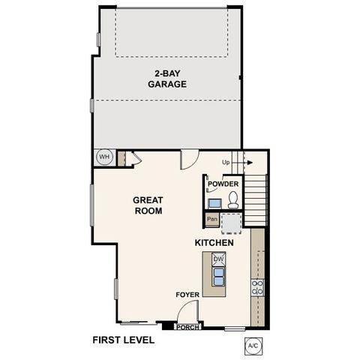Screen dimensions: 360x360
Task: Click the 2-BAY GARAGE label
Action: tap(166, 79)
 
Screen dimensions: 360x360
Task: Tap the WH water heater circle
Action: tap(103, 157)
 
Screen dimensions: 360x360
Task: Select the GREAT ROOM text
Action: tap(148, 205)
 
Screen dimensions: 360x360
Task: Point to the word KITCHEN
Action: tap(214, 243)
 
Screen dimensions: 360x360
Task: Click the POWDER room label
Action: tap(223, 184)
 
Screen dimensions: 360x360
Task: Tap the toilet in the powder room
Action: tap(233, 199)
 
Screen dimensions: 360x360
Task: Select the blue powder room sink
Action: tap(214, 202)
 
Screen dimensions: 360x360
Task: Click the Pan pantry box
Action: tap(212, 220)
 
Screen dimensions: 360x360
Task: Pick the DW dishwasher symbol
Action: tap(218, 259)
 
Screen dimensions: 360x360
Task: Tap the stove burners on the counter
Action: tap(257, 286)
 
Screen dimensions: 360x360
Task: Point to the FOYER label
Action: tap(187, 295)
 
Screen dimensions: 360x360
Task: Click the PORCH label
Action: tap(187, 327)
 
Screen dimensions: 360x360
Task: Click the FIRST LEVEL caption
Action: tap(123, 340)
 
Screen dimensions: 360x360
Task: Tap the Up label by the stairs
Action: tap(226, 163)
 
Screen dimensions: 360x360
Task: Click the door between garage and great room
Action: tap(188, 159)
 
